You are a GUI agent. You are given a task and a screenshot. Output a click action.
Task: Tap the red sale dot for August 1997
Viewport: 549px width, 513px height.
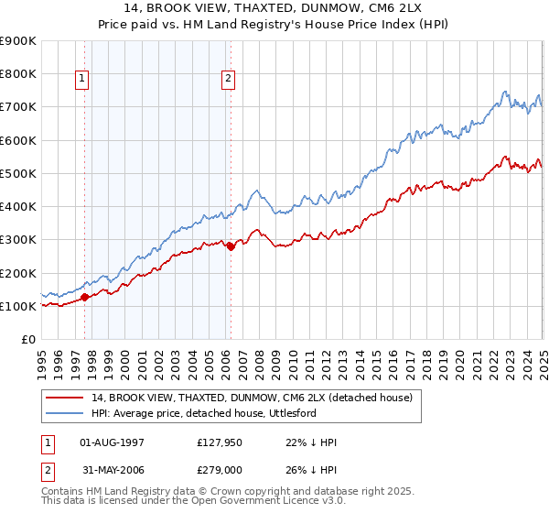click(85, 297)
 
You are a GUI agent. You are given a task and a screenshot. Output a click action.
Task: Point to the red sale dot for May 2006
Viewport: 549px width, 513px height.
click(231, 246)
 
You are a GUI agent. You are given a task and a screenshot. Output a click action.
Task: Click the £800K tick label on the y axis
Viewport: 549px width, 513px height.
click(18, 73)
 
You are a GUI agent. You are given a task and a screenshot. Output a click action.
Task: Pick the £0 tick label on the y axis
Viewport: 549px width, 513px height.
click(27, 339)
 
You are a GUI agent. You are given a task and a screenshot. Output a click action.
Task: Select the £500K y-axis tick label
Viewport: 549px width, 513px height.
click(18, 173)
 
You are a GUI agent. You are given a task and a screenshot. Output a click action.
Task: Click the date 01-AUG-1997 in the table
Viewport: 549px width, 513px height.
click(113, 442)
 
